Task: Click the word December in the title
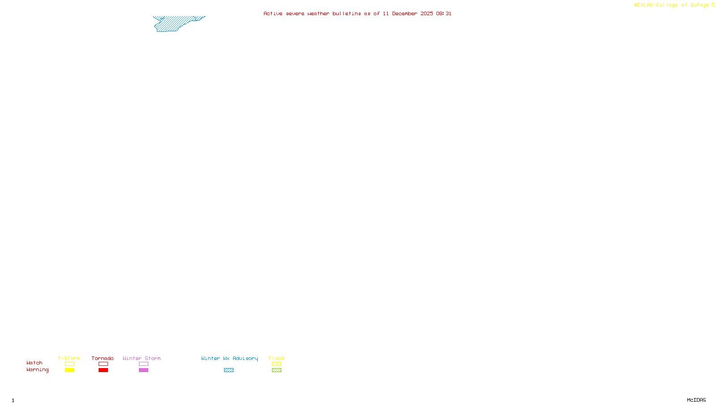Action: pos(405,13)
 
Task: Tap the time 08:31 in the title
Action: pos(444,13)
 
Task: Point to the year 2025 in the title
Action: pos(427,13)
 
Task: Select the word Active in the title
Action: pos(273,13)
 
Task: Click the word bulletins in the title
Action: pos(346,13)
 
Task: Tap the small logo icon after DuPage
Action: pos(713,5)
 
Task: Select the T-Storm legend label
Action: pos(69,358)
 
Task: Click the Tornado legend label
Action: pos(103,358)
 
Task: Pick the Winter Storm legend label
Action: pos(142,358)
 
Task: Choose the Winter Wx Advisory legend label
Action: pos(229,358)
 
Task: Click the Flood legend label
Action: pos(276,358)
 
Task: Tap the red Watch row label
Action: pos(35,363)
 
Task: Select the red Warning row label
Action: pos(38,370)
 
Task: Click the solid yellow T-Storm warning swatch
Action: pos(69,370)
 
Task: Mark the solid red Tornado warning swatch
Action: pos(103,370)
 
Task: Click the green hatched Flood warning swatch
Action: pos(276,370)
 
